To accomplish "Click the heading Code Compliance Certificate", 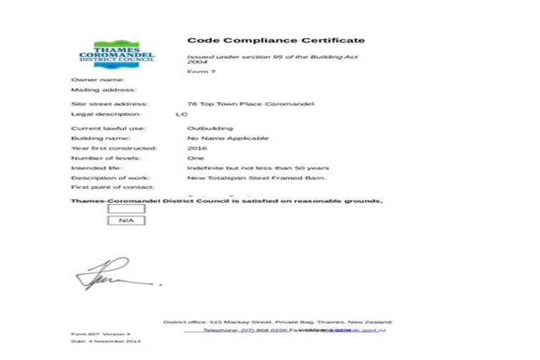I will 276,40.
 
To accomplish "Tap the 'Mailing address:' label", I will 103,90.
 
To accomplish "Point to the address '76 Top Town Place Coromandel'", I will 250,104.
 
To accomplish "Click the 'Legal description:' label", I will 106,114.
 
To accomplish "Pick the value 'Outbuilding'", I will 210,129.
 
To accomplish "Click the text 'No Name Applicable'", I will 227,139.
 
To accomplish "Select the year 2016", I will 197,148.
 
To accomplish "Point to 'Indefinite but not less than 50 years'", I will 257,168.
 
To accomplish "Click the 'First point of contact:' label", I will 112,188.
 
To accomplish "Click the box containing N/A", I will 126,221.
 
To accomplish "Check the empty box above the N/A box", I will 126,209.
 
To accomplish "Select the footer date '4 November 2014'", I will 105,341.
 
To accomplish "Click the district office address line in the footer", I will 278,322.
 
